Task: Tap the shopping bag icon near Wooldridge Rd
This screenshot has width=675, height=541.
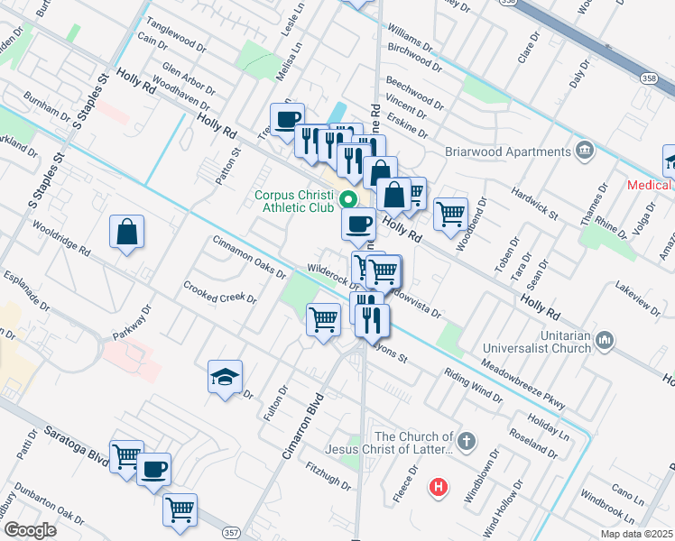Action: [127, 231]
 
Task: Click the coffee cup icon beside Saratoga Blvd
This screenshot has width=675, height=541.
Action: [153, 469]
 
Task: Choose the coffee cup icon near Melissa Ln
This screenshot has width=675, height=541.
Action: [287, 118]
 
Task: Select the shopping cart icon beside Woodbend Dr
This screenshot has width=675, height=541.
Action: [449, 214]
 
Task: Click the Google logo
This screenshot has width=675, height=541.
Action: [29, 530]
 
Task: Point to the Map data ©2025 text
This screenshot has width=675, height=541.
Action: [636, 534]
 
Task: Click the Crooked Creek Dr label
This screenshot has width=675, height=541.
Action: [221, 303]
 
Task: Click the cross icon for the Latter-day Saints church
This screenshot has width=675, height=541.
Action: [465, 441]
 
